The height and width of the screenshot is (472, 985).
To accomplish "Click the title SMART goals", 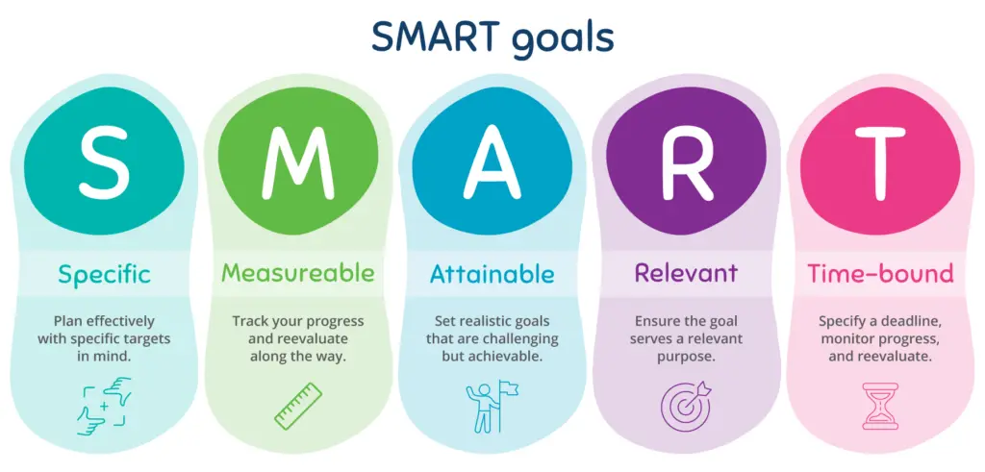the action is [492, 37].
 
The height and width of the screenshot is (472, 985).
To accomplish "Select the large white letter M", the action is [298, 161].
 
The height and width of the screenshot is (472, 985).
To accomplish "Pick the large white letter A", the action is [492, 161].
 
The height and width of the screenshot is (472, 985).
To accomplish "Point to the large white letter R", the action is [687, 161].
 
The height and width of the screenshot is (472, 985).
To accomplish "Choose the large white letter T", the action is [879, 161].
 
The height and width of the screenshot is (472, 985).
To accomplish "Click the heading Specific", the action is [104, 274].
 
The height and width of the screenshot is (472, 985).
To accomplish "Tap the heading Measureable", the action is [298, 273].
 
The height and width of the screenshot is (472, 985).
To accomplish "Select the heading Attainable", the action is [492, 274].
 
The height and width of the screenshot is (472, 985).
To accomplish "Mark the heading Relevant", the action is [686, 273].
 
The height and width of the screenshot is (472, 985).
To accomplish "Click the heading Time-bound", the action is [880, 274].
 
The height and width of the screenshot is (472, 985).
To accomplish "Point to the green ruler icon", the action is [298, 407].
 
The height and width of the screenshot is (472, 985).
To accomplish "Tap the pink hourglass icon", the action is [880, 406].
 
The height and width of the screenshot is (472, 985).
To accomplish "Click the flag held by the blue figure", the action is [509, 388].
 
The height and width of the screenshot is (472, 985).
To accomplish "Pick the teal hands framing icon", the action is [104, 406].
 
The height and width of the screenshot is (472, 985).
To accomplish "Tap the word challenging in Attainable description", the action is [522, 339].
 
